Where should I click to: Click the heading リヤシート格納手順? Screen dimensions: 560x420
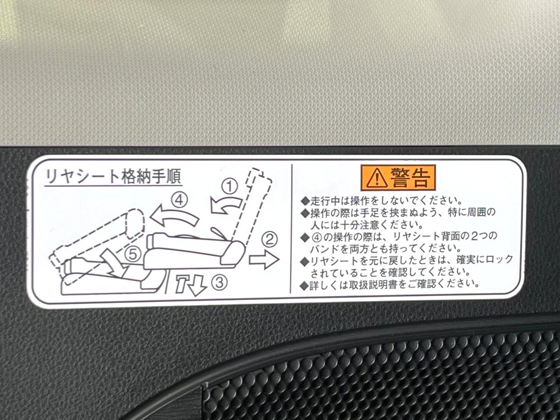point(113,176)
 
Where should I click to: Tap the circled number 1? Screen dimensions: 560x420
point(229,187)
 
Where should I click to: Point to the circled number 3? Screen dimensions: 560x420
point(220,283)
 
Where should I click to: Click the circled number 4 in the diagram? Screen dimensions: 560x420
point(180,200)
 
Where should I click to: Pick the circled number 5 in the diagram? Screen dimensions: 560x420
point(133,254)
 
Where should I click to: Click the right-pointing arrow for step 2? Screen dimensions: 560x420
point(264,259)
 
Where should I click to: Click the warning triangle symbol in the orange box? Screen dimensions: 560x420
point(375,178)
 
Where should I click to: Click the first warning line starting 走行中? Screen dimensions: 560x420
point(381,201)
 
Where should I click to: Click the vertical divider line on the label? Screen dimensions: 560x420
point(291,229)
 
